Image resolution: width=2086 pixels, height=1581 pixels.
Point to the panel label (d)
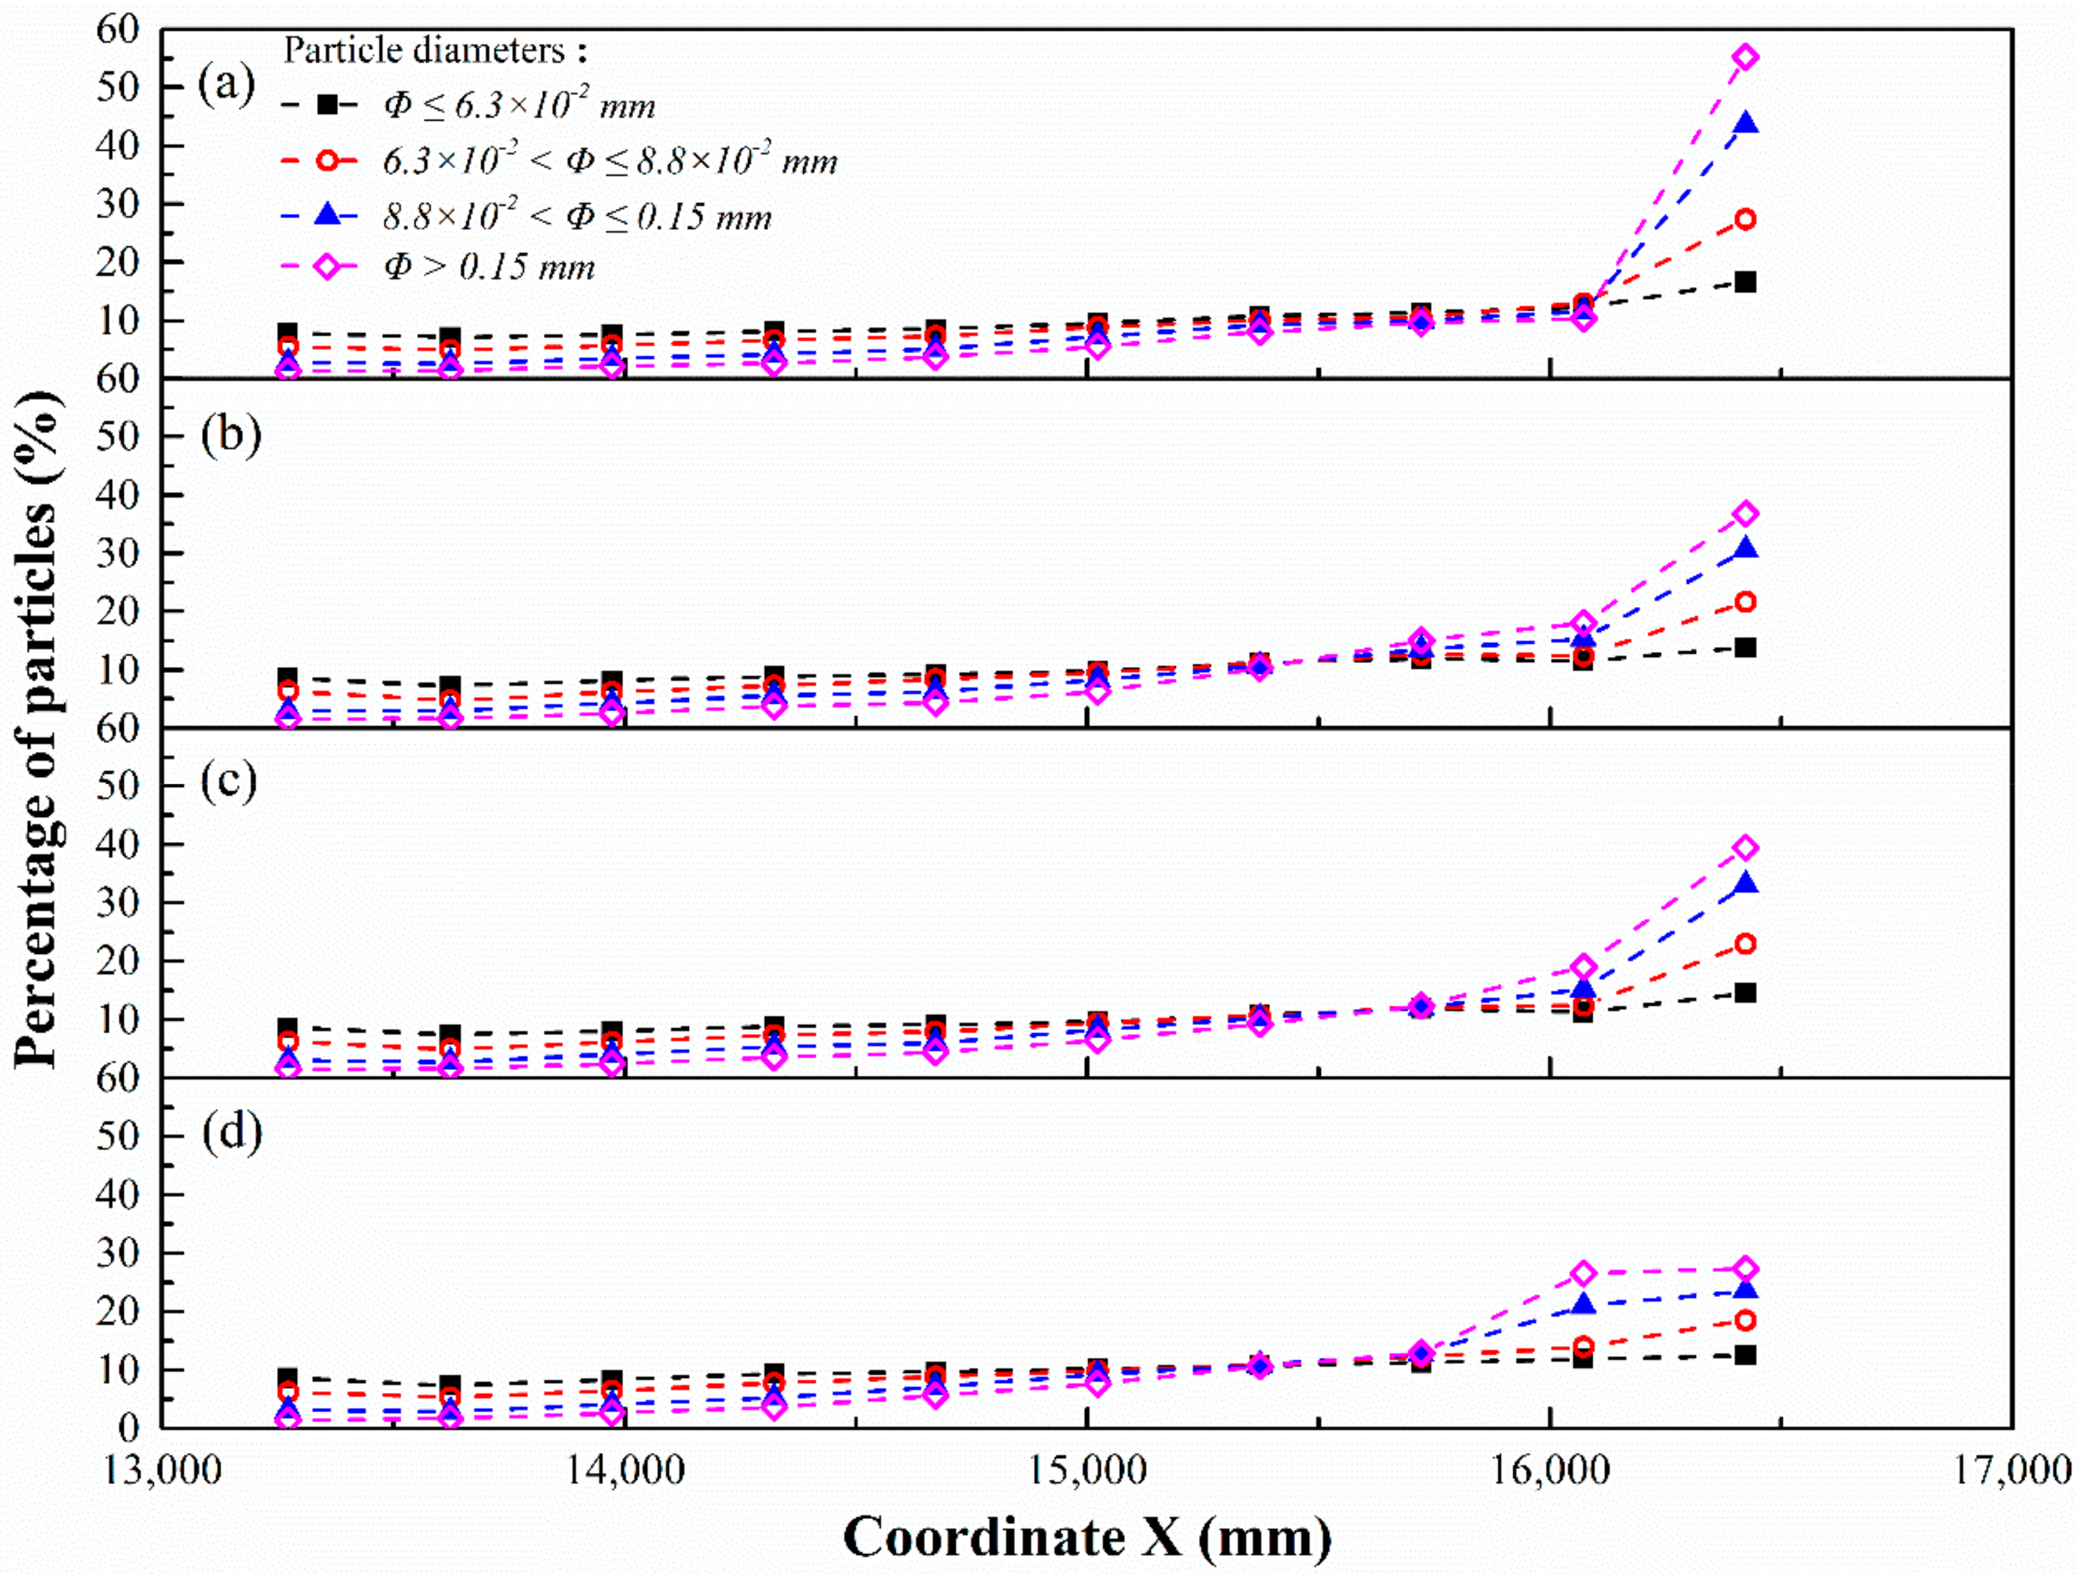(x=231, y=1131)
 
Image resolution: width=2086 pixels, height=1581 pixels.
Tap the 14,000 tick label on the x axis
(x=625, y=1471)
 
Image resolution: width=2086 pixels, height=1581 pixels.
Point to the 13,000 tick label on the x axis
(x=162, y=1471)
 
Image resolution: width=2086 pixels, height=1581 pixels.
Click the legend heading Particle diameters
(x=437, y=50)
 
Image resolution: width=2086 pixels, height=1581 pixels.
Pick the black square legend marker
(x=326, y=105)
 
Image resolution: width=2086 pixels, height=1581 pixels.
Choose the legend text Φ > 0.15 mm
(x=489, y=268)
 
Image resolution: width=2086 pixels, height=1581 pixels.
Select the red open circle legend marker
(x=326, y=160)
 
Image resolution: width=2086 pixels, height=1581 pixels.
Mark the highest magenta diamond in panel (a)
(x=1745, y=58)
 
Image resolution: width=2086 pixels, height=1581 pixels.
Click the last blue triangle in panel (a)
(x=1745, y=124)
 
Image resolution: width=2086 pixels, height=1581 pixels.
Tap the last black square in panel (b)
(x=1745, y=647)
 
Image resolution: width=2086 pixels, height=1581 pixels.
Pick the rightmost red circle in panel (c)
(x=1745, y=943)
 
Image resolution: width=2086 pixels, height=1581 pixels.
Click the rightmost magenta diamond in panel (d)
(x=1745, y=1269)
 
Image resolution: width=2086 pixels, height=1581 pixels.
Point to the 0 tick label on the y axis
(x=127, y=1428)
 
